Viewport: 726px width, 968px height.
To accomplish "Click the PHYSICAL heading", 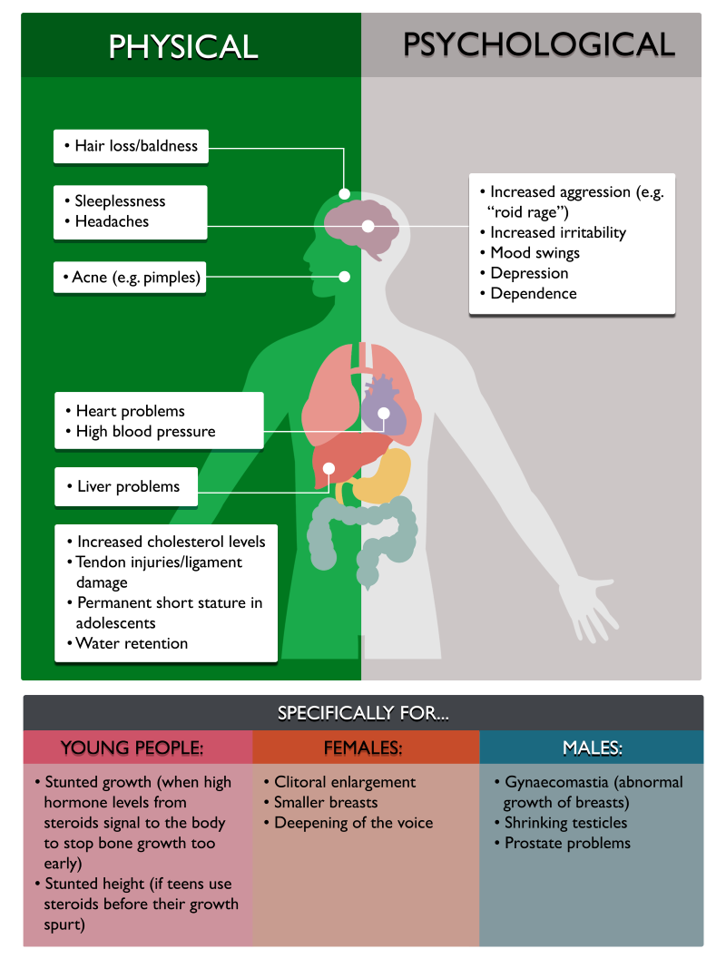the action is tap(183, 47).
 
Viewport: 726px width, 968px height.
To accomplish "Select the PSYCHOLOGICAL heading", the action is tap(539, 45).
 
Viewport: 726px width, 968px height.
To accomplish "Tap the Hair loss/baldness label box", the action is tap(131, 146).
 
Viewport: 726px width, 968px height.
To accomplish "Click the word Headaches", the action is tap(112, 221).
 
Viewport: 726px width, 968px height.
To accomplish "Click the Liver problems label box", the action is tap(126, 487).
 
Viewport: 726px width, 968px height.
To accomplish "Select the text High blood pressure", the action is tap(146, 432).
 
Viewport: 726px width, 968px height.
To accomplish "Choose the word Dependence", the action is tap(534, 294).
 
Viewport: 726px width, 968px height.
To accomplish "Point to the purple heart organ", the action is tap(384, 407).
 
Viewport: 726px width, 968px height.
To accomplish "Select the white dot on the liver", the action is tap(329, 468).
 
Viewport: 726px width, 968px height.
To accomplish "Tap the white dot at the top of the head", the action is tap(345, 194).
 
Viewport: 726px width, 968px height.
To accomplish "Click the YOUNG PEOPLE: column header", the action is tap(132, 748).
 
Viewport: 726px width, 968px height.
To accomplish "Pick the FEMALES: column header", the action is tap(363, 748).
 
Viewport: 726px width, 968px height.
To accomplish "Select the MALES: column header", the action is tap(592, 748).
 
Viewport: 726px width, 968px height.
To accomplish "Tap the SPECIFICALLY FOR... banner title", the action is tap(363, 714).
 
